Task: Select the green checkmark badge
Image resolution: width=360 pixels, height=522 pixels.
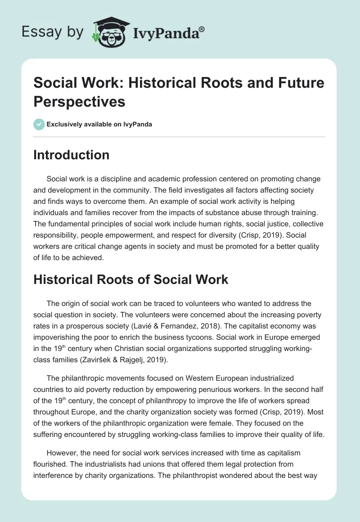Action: pos(39,124)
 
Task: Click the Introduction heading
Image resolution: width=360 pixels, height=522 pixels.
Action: pos(72,155)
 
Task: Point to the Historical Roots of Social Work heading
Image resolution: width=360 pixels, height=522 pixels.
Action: pos(131,279)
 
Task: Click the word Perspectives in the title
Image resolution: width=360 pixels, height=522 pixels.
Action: pos(79,101)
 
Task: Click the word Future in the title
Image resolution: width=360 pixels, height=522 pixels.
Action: pos(297,83)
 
